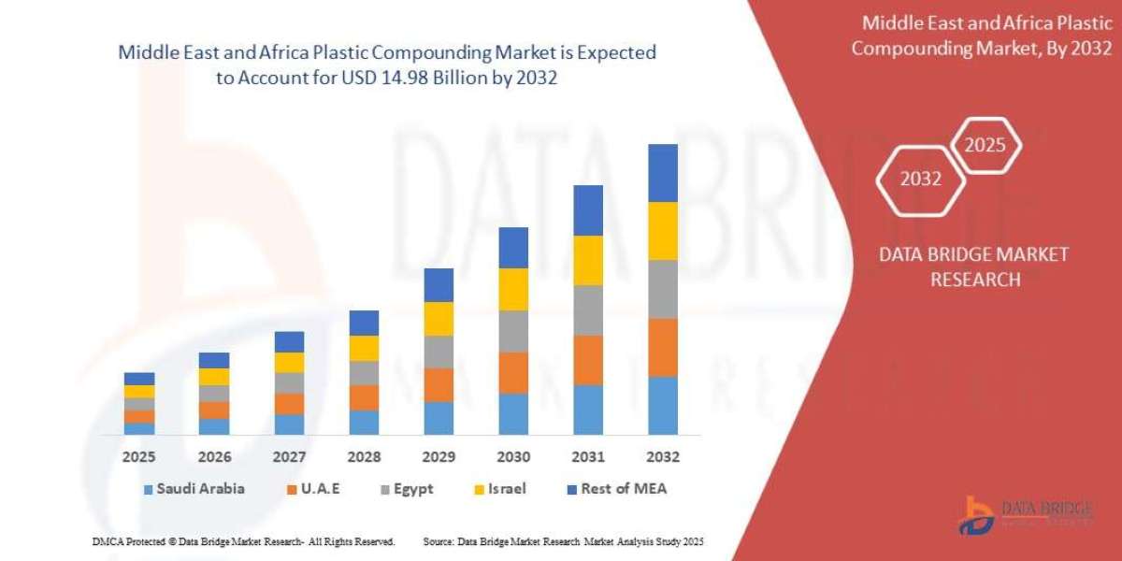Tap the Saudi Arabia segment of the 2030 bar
(x=513, y=413)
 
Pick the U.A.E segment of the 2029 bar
(x=439, y=384)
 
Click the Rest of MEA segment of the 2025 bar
(x=139, y=379)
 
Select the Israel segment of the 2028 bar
(x=364, y=348)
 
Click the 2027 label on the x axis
(x=289, y=457)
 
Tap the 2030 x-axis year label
(x=513, y=457)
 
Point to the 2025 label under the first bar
(x=139, y=457)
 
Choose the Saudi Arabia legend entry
(x=194, y=488)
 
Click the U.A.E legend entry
(x=319, y=488)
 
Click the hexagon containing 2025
(x=985, y=146)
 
